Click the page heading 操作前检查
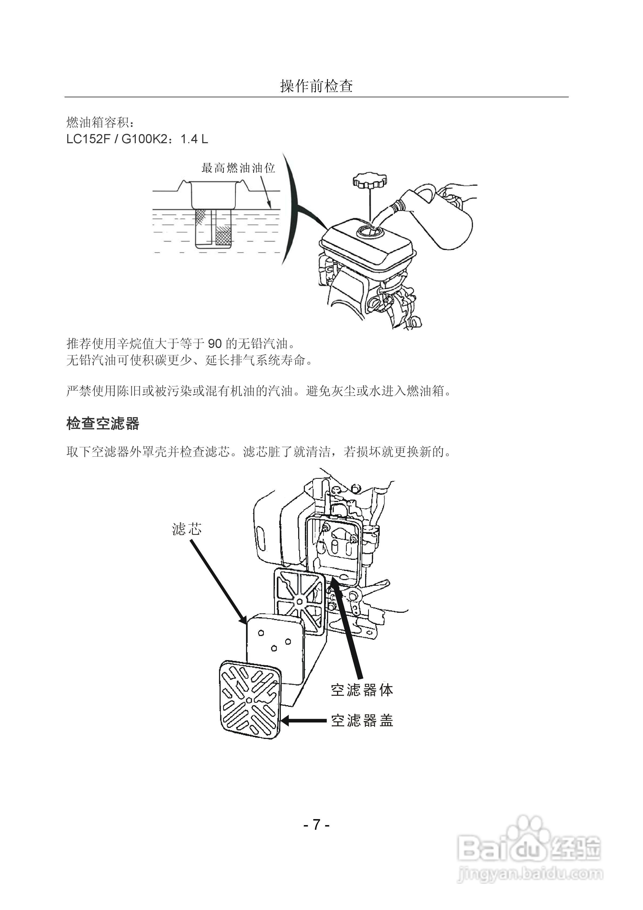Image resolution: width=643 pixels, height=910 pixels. [316, 86]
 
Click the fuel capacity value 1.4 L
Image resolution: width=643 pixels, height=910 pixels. [194, 139]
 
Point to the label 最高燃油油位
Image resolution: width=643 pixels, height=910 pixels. [238, 168]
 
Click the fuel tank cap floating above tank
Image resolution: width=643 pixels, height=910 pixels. [369, 181]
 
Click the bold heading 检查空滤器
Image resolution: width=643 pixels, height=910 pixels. [103, 424]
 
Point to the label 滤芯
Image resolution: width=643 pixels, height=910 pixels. [187, 529]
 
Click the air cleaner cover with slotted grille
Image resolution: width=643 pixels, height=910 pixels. [250, 700]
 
